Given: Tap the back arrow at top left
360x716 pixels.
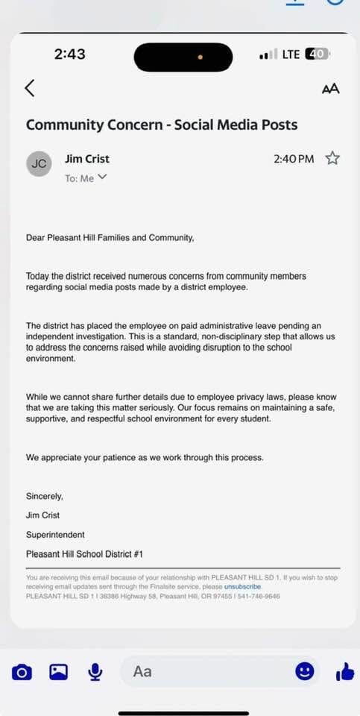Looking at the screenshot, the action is click(29, 88).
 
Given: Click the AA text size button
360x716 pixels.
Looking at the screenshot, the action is click(330, 89).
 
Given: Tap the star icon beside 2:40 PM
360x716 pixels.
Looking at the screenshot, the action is click(332, 158).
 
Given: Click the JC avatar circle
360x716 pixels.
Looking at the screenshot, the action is click(40, 163).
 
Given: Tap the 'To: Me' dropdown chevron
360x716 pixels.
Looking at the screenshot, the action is click(102, 178).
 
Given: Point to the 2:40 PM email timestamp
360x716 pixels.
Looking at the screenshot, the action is click(294, 159).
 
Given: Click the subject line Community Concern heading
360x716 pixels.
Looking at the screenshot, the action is click(162, 125).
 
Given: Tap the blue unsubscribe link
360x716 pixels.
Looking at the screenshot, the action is click(243, 587).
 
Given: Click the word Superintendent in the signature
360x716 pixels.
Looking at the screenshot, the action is click(55, 535).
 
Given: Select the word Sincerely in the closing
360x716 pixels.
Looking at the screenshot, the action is click(45, 496).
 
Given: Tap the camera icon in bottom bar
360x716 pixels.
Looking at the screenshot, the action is click(22, 672).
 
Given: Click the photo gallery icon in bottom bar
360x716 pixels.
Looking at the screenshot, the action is click(58, 672).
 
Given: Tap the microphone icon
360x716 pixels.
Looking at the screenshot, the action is click(95, 672).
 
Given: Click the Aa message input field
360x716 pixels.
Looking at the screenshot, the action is click(201, 671).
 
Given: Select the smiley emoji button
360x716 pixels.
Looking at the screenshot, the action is click(304, 671).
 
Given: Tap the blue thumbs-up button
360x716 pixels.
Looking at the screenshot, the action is click(344, 672).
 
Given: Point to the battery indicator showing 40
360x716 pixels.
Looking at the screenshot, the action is click(316, 54).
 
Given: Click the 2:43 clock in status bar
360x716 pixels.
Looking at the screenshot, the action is click(70, 54).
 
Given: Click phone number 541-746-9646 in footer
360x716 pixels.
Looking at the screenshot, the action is click(258, 596).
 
